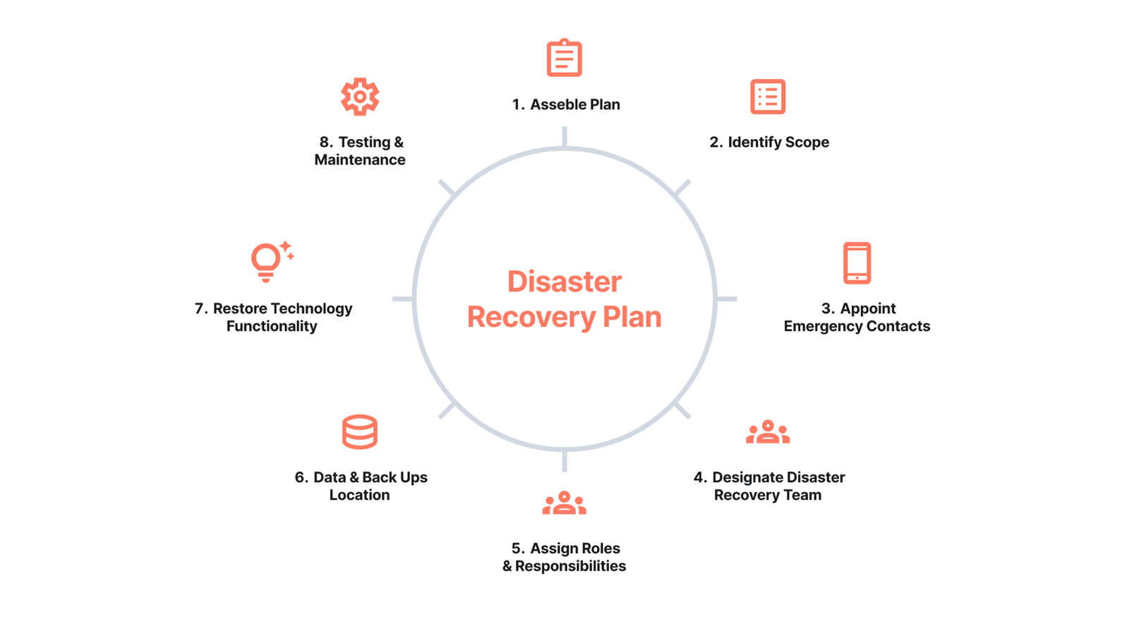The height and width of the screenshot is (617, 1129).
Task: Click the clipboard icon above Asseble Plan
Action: point(564,58)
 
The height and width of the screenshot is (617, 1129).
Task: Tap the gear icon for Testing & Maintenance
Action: point(360,96)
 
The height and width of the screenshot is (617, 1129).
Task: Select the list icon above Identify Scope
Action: point(768,97)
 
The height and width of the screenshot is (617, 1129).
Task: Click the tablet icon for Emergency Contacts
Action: point(857,263)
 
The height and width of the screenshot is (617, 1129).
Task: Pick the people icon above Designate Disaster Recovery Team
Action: point(768,432)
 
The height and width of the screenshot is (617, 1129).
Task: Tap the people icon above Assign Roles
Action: point(564,503)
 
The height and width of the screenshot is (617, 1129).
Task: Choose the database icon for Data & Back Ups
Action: point(360,432)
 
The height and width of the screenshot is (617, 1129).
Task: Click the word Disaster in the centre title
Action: point(564,282)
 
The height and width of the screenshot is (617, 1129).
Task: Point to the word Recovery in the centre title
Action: point(531,317)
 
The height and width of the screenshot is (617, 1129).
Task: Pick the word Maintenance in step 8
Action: point(360,160)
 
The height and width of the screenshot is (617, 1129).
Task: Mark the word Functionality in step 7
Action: point(272,326)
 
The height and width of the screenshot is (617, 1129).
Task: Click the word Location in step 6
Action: point(359,495)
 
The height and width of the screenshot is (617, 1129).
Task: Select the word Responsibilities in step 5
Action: point(570,566)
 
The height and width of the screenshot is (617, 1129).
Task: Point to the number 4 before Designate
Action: point(699,478)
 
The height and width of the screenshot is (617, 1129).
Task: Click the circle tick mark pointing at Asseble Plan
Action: point(564,136)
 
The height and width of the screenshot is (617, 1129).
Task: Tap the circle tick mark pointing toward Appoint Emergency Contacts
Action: point(727,299)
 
